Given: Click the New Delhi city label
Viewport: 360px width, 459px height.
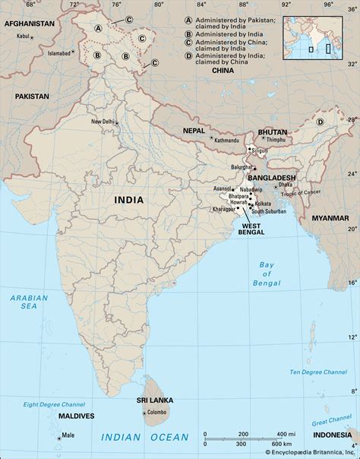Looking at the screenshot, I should pos(103,122).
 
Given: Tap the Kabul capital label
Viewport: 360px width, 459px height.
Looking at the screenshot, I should pos(24,36).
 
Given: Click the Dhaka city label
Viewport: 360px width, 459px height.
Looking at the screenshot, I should pos(285,184).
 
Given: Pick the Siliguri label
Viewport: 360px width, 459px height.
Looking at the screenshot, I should pos(264,151).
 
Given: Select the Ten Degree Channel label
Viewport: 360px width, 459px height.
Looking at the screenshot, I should pos(319,372).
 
